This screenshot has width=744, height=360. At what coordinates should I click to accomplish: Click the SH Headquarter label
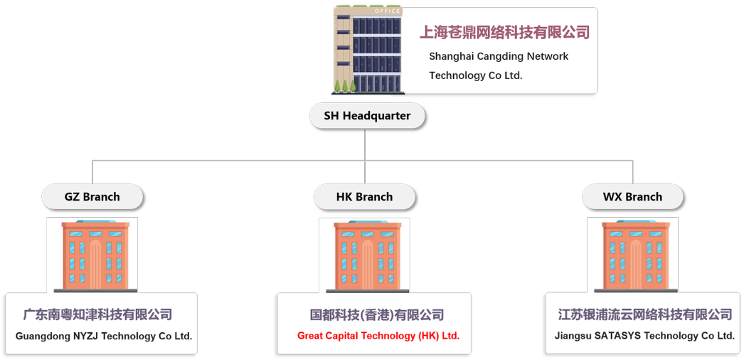click(x=367, y=116)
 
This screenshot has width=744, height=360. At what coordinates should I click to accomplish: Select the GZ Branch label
click(x=92, y=197)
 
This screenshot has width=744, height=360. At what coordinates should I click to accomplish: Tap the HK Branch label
click(x=364, y=197)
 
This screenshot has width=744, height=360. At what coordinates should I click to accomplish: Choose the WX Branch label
click(x=632, y=197)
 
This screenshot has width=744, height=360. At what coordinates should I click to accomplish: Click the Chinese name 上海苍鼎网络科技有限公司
click(x=505, y=32)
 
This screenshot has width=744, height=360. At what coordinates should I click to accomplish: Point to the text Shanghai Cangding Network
click(x=499, y=56)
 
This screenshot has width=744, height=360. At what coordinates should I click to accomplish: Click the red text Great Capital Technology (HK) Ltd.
click(x=378, y=336)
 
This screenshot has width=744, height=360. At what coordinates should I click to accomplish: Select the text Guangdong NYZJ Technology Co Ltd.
click(x=104, y=336)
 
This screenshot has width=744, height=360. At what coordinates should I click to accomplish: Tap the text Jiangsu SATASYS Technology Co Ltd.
click(x=644, y=336)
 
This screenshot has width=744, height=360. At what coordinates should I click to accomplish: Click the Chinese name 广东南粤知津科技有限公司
click(x=98, y=314)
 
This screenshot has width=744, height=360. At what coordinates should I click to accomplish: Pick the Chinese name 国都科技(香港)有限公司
click(x=377, y=314)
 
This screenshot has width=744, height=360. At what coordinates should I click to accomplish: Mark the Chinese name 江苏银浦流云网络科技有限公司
click(x=645, y=314)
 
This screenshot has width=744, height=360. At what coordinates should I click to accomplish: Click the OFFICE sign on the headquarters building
click(x=387, y=11)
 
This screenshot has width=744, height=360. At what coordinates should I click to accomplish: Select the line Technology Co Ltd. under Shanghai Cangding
click(x=475, y=75)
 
